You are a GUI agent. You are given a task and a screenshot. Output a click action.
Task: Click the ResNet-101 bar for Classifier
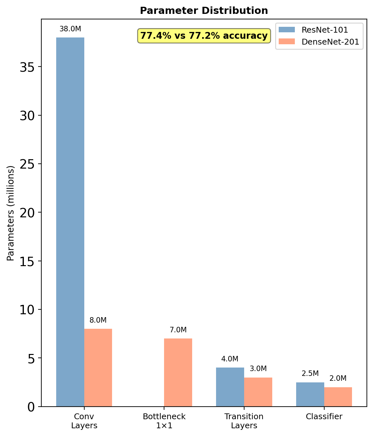coord(310,394)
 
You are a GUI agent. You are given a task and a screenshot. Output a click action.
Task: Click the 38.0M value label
coord(70,29)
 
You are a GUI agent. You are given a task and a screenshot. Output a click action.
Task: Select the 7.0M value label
coord(178,330)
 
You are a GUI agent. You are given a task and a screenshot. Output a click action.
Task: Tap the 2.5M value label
coord(310,374)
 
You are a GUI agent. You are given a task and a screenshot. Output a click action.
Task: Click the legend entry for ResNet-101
coord(325,30)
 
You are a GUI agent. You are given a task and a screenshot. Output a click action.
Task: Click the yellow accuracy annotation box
coord(204,36)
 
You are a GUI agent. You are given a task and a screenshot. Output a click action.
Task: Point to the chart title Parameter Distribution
coord(204,11)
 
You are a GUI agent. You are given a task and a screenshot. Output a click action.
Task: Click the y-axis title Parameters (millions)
coord(11,213)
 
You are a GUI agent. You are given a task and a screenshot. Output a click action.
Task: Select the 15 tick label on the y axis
coord(27,261)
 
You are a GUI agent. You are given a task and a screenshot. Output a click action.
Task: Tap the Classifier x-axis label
coord(324,417)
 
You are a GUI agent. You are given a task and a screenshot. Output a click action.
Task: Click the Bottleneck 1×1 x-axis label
coord(164,421)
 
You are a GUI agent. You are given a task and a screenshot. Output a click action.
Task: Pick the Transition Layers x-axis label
coord(244,421)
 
